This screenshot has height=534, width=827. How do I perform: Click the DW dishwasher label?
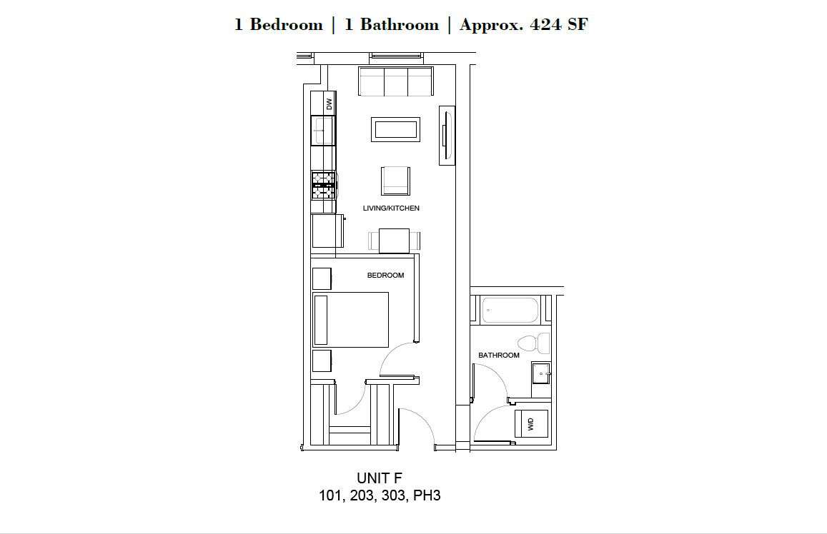click(x=329, y=104)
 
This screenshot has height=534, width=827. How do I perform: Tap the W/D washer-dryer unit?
click(x=531, y=423)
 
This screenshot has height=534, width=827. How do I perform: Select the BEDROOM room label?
click(x=385, y=275)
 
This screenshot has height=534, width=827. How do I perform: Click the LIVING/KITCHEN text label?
click(x=391, y=208)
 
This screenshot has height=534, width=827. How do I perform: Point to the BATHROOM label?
click(x=498, y=355)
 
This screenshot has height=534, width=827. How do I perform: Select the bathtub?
click(x=510, y=310)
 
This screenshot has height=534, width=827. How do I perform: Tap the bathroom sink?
click(x=541, y=373)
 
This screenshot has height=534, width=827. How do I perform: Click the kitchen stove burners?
click(x=323, y=186)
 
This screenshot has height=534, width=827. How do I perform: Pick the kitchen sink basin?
click(x=323, y=130)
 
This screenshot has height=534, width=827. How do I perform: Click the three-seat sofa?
click(x=395, y=81)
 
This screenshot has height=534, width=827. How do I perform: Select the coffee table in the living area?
click(x=395, y=129)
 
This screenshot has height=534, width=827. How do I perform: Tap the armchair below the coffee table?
click(x=395, y=181)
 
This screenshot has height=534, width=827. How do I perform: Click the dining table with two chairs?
click(x=394, y=241)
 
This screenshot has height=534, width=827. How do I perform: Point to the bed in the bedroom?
click(x=351, y=320)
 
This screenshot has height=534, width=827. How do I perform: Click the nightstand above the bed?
click(x=322, y=278)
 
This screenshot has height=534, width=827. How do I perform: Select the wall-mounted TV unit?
click(x=447, y=136)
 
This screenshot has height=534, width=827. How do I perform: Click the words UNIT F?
click(x=380, y=478)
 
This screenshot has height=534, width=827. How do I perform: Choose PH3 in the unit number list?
click(x=427, y=495)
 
